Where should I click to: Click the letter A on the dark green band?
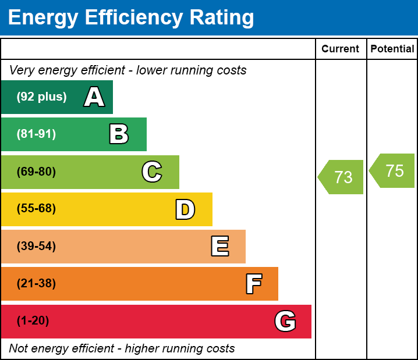(x=94, y=97)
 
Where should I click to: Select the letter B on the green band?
(x=119, y=134)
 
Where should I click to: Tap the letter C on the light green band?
(x=152, y=172)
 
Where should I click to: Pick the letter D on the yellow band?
(x=185, y=209)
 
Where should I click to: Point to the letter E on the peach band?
(x=219, y=247)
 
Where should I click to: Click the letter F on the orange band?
(x=253, y=284)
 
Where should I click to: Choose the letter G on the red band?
(x=285, y=321)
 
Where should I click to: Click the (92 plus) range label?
(x=41, y=97)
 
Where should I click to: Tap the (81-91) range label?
(x=36, y=134)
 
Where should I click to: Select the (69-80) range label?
(x=36, y=172)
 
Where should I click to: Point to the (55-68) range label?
(x=36, y=209)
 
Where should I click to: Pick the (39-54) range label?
(x=36, y=247)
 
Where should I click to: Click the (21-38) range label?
(x=36, y=284)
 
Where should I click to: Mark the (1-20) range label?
(x=33, y=321)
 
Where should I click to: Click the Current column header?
(x=341, y=49)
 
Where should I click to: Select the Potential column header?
(x=392, y=49)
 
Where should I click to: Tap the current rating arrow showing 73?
(x=342, y=177)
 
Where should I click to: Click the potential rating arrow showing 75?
(x=393, y=171)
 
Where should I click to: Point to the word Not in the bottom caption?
(x=18, y=349)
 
